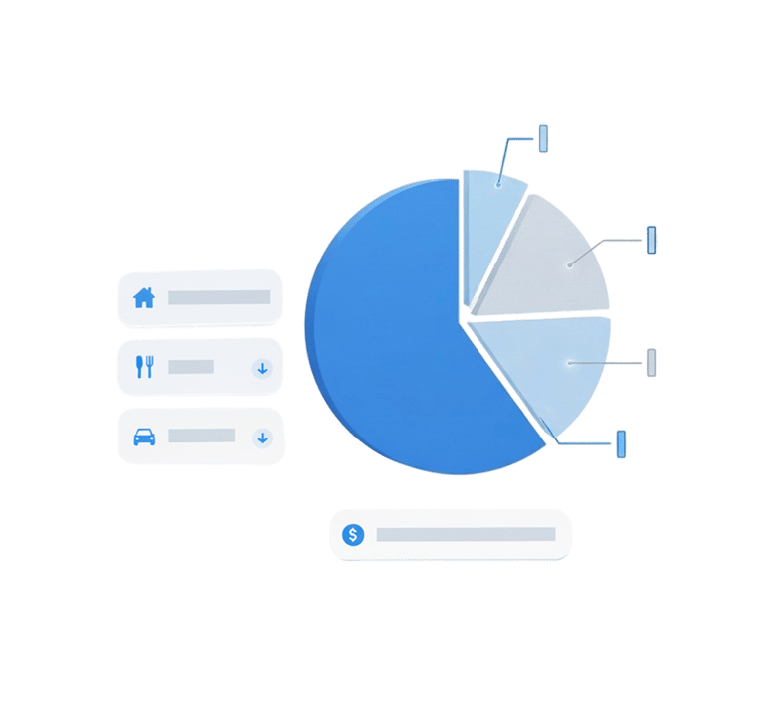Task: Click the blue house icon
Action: click(x=144, y=297)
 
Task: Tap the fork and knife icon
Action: click(x=144, y=367)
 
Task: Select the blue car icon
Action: click(x=144, y=437)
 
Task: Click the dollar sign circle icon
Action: click(x=353, y=535)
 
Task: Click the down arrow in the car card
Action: click(x=262, y=437)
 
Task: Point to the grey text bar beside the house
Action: click(x=219, y=297)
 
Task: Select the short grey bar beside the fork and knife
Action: click(x=191, y=367)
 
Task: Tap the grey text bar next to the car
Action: click(x=202, y=436)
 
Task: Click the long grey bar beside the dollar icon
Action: click(x=466, y=535)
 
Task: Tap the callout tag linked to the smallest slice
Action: click(x=543, y=138)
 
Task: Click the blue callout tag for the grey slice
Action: click(x=652, y=240)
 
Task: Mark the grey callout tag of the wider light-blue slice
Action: click(x=652, y=362)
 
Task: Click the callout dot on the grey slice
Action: click(x=570, y=264)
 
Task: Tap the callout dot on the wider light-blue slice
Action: click(x=569, y=363)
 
